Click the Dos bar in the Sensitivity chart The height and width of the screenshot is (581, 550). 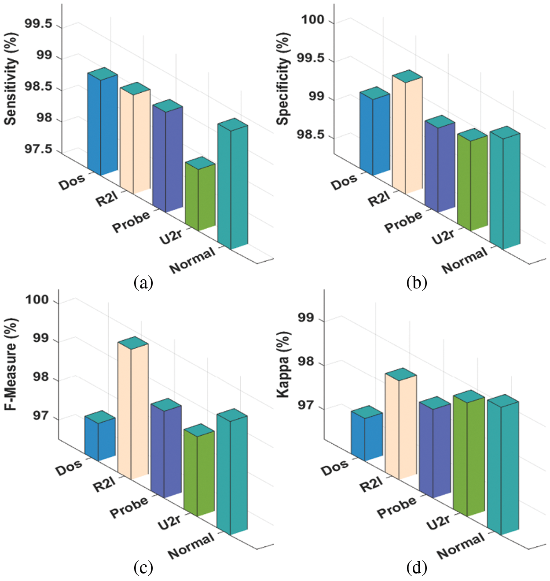tap(102, 123)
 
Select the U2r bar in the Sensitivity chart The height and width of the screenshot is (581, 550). tap(200, 196)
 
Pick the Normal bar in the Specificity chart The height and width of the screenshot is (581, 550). tap(505, 189)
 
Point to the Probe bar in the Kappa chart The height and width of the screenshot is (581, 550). tap(435, 449)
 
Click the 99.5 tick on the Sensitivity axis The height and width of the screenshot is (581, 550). tap(38, 24)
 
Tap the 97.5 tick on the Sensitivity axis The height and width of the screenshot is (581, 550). tap(38, 150)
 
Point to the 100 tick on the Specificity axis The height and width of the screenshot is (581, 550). tap(312, 20)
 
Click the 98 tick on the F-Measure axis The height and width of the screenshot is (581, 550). tap(42, 377)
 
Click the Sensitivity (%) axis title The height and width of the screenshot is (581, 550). tap(11, 79)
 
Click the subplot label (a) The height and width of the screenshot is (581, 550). tap(143, 282)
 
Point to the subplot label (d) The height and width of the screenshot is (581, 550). tap(417, 568)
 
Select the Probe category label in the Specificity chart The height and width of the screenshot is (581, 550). tap(403, 221)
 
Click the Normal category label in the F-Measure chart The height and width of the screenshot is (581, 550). tap(191, 545)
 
